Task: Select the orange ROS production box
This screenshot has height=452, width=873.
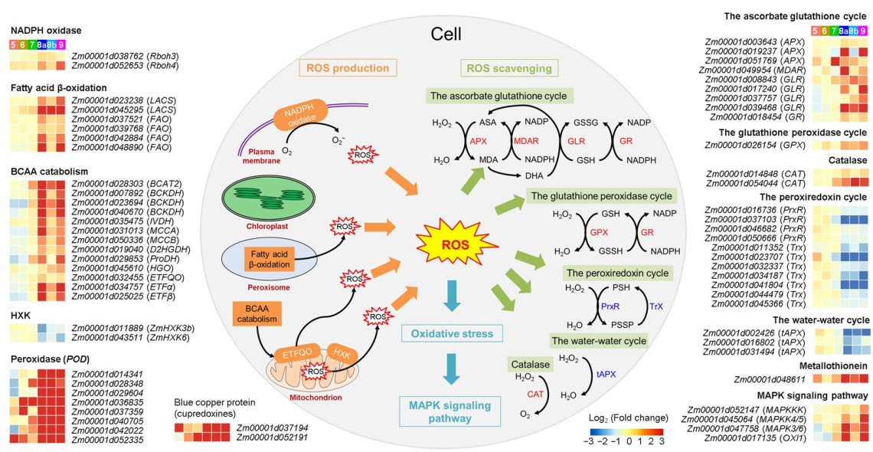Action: tap(348, 68)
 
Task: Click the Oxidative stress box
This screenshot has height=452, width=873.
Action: tap(451, 334)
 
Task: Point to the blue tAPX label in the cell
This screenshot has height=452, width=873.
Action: tap(607, 373)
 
